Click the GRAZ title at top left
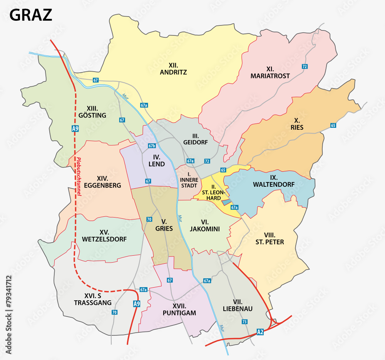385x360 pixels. [x=30, y=15]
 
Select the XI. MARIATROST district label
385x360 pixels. [x=270, y=72]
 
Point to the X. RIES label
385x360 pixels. [x=297, y=124]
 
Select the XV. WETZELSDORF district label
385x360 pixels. [x=104, y=236]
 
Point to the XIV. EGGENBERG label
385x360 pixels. [x=103, y=182]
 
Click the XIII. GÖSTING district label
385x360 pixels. [x=92, y=112]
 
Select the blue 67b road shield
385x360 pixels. [x=152, y=146]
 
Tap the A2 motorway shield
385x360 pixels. [x=261, y=331]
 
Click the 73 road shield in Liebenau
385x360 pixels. [x=244, y=321]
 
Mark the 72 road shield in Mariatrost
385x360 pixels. [x=305, y=67]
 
